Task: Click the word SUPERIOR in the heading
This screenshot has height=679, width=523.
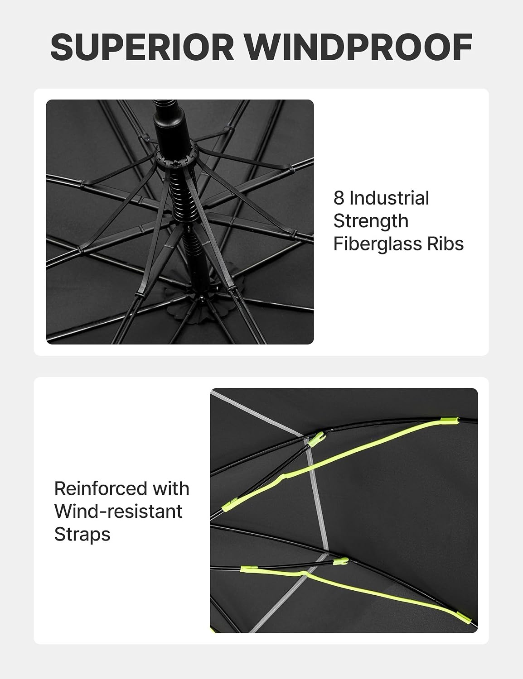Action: tap(142, 47)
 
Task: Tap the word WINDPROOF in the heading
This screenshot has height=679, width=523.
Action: tap(358, 47)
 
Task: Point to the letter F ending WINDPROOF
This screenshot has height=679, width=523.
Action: tap(462, 47)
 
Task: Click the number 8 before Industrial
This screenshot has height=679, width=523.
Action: tap(339, 198)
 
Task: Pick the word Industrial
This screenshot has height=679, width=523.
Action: tap(389, 198)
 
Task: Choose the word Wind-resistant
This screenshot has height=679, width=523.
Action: tap(118, 511)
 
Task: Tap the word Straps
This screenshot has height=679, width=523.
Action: tap(82, 535)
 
